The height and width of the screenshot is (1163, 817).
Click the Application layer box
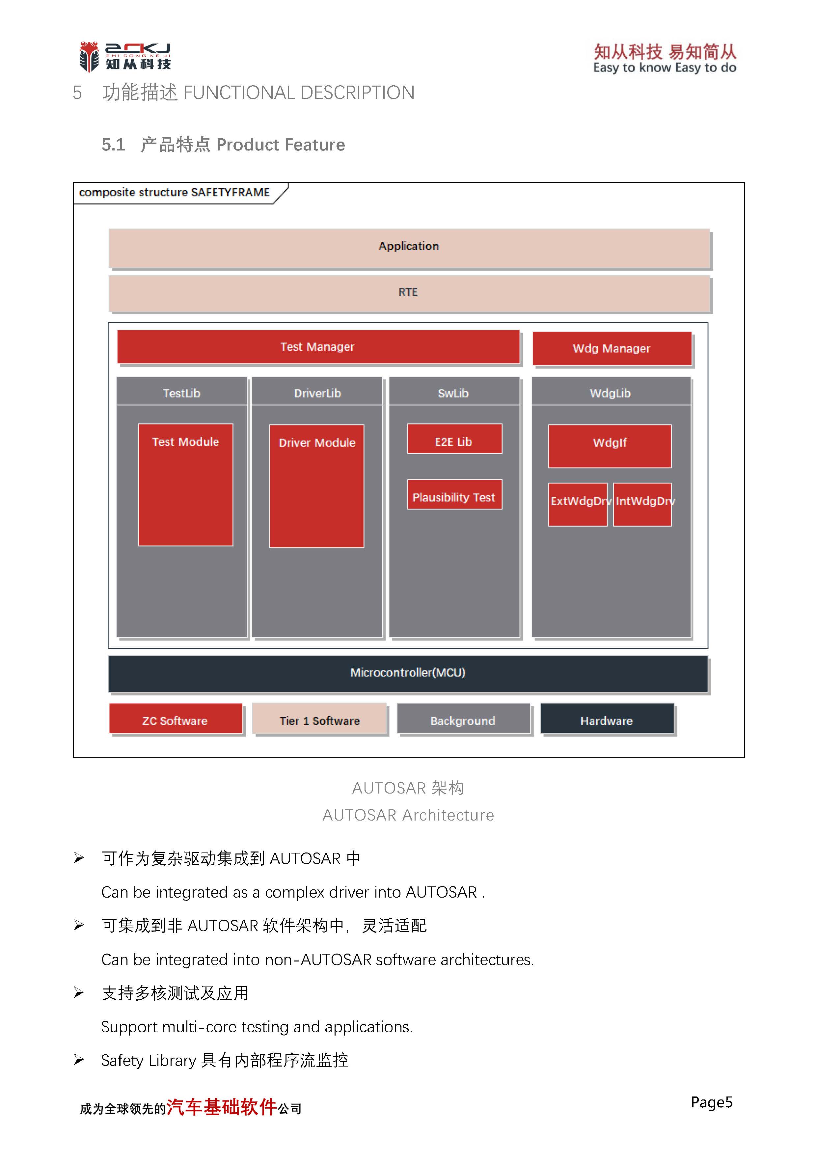click(409, 247)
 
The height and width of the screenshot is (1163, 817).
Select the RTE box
click(409, 293)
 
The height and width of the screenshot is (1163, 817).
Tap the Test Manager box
click(317, 347)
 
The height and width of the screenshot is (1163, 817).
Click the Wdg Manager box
click(612, 348)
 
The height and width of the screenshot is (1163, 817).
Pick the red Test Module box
click(185, 484)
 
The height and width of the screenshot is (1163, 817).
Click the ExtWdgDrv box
click(577, 504)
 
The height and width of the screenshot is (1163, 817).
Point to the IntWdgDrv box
click(642, 504)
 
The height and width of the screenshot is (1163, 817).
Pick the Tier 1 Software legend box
click(320, 719)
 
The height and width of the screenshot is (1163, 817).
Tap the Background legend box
click(463, 719)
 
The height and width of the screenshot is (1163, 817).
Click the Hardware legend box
click(607, 719)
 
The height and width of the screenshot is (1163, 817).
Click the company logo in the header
click(125, 57)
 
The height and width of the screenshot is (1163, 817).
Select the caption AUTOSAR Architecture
click(408, 815)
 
